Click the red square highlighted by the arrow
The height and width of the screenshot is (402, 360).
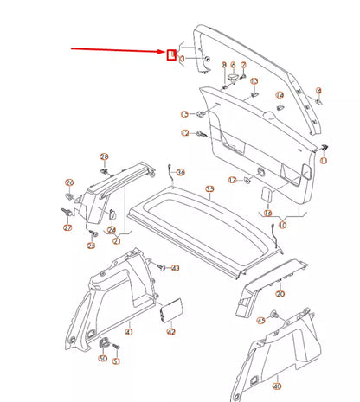tap(171, 57)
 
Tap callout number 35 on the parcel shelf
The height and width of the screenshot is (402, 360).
tap(209, 188)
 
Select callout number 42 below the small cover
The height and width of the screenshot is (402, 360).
tap(170, 331)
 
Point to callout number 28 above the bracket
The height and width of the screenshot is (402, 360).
tap(105, 156)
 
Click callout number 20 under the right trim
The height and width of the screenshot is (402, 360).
tap(279, 294)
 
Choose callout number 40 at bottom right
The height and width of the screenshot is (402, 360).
tap(277, 386)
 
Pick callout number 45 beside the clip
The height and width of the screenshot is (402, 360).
tap(261, 321)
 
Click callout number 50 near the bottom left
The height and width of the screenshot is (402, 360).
tap(102, 358)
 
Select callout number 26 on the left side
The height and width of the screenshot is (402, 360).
tap(70, 183)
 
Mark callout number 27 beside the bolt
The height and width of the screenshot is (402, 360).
tap(67, 227)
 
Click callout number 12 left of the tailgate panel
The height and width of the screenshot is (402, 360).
tap(184, 132)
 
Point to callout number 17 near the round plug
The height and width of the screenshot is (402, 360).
tap(233, 179)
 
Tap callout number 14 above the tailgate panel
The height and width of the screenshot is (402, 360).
tap(280, 95)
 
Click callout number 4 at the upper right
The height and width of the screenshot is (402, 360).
tap(318, 90)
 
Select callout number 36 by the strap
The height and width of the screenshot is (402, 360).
tap(180, 173)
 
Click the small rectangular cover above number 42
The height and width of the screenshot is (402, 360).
tap(170, 312)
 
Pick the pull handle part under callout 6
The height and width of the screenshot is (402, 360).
tap(233, 79)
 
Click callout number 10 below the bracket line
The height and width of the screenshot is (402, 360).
tap(281, 224)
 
